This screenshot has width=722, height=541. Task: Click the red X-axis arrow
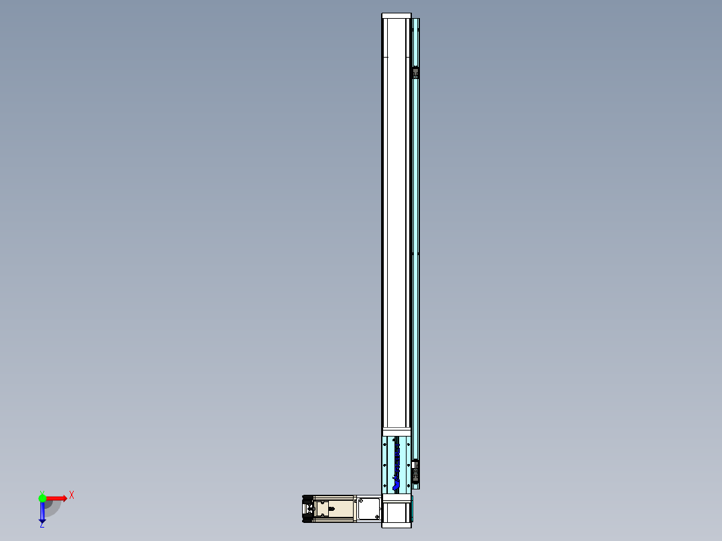pyautogui.click(x=56, y=498)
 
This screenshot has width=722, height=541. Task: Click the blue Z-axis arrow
pyautogui.click(x=42, y=512)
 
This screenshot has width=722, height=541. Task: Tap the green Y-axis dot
pyautogui.click(x=42, y=497)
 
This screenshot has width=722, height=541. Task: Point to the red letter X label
pyautogui.click(x=71, y=495)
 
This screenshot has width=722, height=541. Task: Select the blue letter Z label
pyautogui.click(x=42, y=525)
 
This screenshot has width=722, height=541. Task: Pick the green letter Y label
pyautogui.click(x=42, y=491)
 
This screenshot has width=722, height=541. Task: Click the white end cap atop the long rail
pyautogui.click(x=396, y=16)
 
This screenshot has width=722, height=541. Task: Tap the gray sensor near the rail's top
pyautogui.click(x=416, y=72)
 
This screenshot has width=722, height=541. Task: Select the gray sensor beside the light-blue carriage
pyautogui.click(x=416, y=469)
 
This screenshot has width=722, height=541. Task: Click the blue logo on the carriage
pyautogui.click(x=397, y=462)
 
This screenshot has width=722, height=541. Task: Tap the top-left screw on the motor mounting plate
pyautogui.click(x=360, y=499)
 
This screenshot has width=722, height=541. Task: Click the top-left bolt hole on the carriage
pyautogui.click(x=385, y=439)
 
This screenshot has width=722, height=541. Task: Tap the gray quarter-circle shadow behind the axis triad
pyautogui.click(x=54, y=507)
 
